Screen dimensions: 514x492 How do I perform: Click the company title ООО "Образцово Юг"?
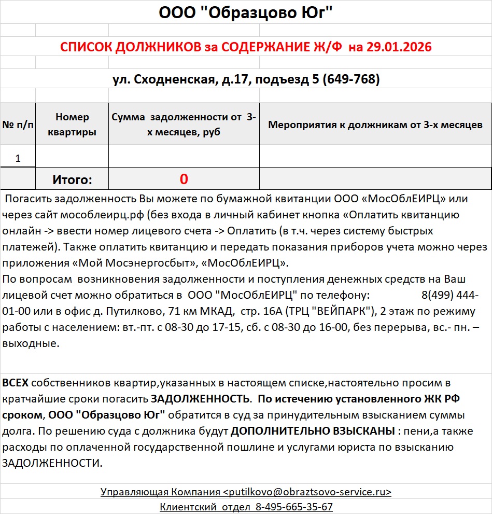tap(245, 12)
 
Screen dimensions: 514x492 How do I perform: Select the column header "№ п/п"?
tap(18, 124)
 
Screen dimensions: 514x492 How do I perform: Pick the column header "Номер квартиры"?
tap(72, 124)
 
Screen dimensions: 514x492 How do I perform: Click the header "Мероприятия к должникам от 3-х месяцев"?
tap(375, 124)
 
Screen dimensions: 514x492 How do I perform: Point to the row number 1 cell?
tap(18, 158)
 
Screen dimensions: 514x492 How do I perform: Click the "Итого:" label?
tap(72, 180)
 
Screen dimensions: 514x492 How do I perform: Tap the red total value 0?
tap(184, 179)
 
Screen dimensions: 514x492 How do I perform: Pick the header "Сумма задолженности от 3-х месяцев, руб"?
tap(184, 124)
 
